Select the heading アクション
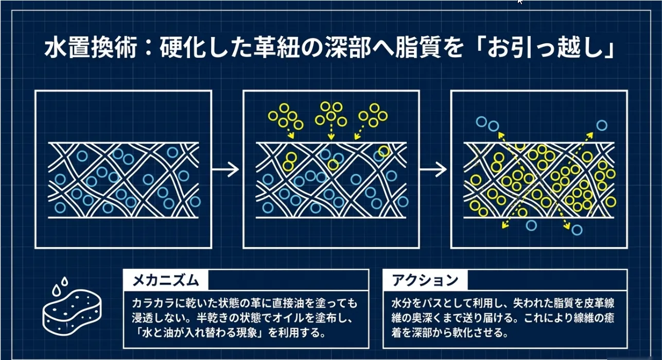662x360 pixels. tap(425, 280)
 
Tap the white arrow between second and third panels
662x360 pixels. tap(433, 169)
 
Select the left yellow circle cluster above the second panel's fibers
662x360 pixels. tap(287, 116)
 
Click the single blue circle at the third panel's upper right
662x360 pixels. tap(601, 125)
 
